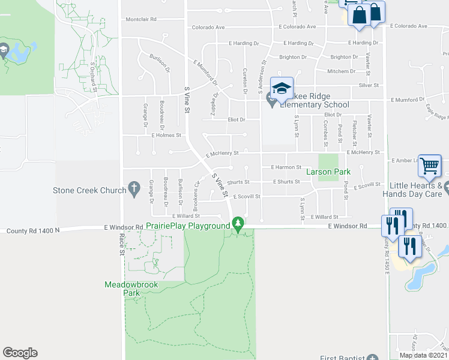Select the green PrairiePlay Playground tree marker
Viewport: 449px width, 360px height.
(239, 225)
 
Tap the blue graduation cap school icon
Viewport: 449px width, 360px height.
(282, 89)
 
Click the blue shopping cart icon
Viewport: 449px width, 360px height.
(430, 166)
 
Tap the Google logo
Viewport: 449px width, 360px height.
(20, 353)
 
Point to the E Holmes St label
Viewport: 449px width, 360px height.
(166, 136)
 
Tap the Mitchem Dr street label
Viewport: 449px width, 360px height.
(341, 71)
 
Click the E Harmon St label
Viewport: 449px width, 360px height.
(286, 167)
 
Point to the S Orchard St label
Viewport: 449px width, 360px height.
(94, 76)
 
